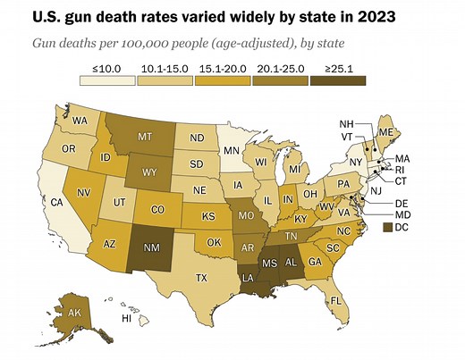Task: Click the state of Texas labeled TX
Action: pyautogui.click(x=202, y=278)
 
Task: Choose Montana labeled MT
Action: pyautogui.click(x=143, y=139)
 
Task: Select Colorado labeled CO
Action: pyautogui.click(x=156, y=211)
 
